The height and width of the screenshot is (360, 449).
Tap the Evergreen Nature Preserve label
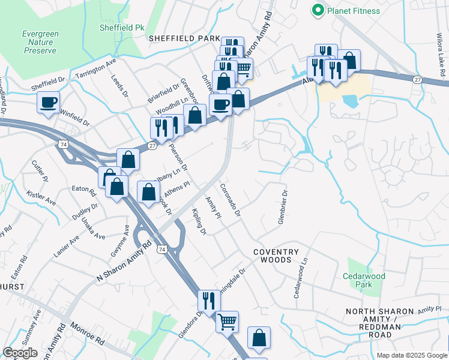(40, 43)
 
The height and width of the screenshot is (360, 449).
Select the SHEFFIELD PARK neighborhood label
(185, 38)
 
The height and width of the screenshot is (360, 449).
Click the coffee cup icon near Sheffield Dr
(48, 101)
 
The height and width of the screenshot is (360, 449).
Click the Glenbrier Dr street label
(282, 208)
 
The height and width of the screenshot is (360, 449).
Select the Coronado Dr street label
(230, 200)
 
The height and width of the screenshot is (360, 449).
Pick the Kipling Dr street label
(199, 222)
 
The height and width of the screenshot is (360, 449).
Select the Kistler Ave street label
(41, 199)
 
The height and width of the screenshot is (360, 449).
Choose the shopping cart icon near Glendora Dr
(227, 322)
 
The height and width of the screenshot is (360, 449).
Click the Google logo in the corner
(20, 353)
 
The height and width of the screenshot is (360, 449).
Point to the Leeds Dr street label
(119, 85)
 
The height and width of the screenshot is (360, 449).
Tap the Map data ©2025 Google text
(411, 355)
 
